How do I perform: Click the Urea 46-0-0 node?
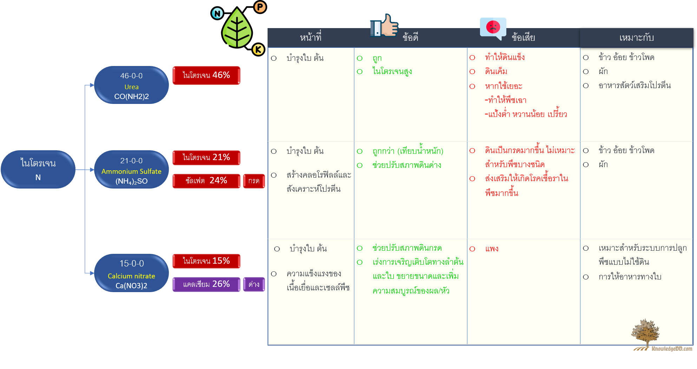click(x=131, y=85)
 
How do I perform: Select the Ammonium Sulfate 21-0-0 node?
click(x=131, y=170)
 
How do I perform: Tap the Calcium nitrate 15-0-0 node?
click(x=131, y=273)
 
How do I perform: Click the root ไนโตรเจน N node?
click(x=38, y=170)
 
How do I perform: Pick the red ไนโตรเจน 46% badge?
click(x=206, y=75)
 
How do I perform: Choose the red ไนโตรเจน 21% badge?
click(x=206, y=157)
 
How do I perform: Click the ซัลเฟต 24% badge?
click(x=206, y=181)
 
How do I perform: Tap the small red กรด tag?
click(x=254, y=181)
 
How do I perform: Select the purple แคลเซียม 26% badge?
click(x=206, y=284)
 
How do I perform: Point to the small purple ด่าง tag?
click(x=254, y=284)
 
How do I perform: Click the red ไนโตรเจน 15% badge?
click(x=206, y=261)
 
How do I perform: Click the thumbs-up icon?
click(x=384, y=25)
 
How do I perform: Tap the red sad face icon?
click(x=493, y=27)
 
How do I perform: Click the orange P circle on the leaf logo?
click(x=260, y=7)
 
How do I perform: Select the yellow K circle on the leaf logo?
click(x=258, y=50)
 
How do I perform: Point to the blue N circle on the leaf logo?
click(x=217, y=13)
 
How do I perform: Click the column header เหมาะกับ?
click(x=637, y=38)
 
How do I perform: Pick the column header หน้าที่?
click(x=311, y=37)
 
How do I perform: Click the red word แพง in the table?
click(x=492, y=249)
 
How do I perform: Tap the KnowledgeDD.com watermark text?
click(x=672, y=349)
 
